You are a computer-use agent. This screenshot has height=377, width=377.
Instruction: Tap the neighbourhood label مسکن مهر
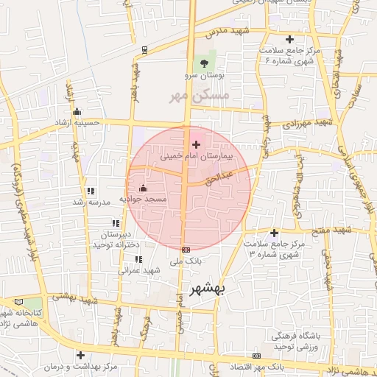200,95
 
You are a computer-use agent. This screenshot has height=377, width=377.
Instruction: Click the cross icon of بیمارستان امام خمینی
196,143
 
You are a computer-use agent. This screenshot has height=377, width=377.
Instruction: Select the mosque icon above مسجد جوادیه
143,188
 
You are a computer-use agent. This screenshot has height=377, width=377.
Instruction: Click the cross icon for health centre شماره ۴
289,38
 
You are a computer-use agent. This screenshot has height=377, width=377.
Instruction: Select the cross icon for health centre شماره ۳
274,232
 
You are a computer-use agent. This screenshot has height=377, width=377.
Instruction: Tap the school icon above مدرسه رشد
91,191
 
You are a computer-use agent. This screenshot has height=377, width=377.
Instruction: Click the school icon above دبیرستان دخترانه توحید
115,223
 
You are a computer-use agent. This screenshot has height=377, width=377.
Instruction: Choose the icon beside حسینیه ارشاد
77,111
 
